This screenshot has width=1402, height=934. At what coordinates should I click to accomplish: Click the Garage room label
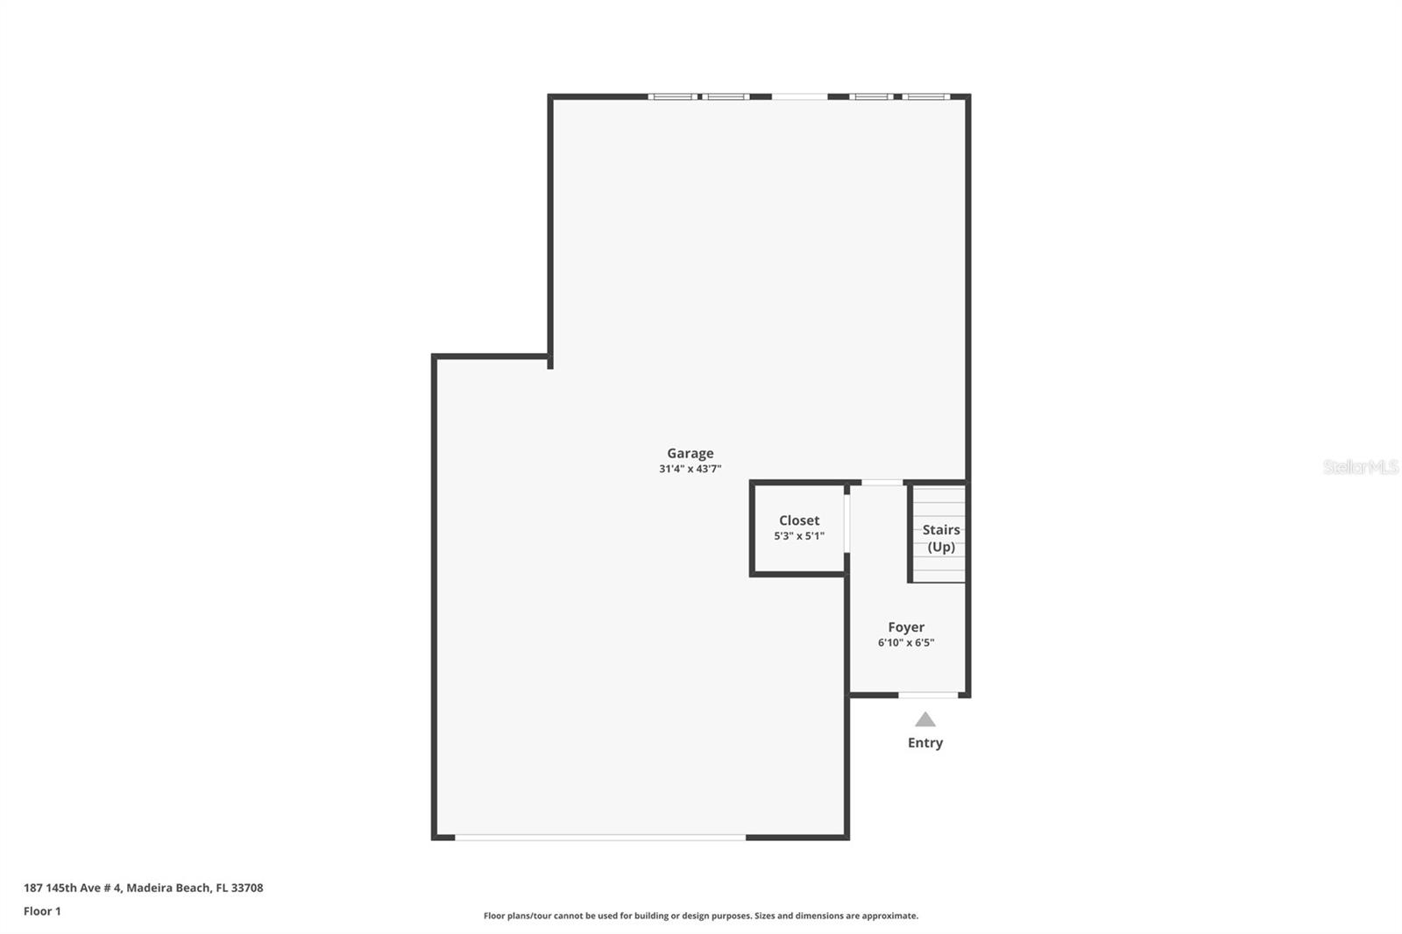[690, 453]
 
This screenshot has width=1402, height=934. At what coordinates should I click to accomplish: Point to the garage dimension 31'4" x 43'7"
[690, 469]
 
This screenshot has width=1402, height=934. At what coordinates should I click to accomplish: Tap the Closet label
[799, 520]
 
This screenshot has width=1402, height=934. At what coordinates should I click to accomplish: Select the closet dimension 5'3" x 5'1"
[799, 536]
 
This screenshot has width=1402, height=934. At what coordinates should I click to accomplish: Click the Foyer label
[906, 627]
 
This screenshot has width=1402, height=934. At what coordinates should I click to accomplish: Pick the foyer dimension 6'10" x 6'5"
[906, 643]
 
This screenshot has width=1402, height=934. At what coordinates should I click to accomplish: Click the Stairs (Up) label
[941, 538]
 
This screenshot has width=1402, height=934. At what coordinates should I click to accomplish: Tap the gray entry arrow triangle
[925, 720]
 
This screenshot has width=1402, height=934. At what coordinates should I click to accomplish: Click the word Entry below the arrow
[925, 743]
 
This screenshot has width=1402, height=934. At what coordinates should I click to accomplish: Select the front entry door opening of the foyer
[928, 695]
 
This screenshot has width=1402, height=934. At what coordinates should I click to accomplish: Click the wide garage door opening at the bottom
[600, 838]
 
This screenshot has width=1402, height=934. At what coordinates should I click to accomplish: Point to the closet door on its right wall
[846, 524]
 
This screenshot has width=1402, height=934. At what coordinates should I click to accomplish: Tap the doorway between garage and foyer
[882, 483]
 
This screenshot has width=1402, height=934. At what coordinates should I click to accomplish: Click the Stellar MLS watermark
[1361, 467]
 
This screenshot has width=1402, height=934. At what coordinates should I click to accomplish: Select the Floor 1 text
[42, 911]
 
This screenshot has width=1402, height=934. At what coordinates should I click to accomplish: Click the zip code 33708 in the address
[247, 888]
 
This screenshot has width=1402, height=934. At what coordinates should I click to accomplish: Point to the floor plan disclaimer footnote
[701, 916]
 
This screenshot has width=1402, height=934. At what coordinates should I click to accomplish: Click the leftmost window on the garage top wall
[673, 96]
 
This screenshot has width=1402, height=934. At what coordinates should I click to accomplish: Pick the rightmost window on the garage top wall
[926, 96]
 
